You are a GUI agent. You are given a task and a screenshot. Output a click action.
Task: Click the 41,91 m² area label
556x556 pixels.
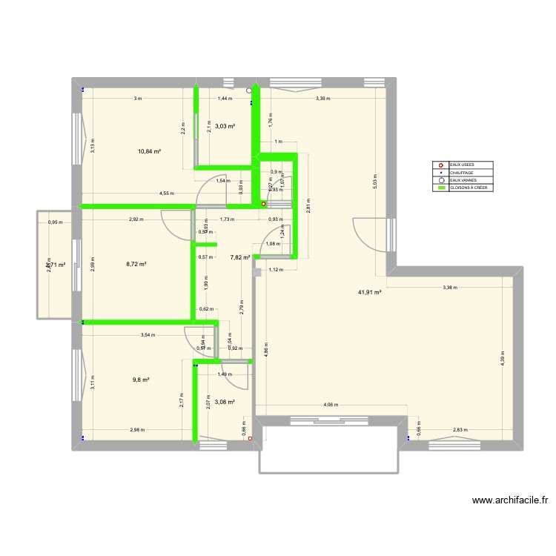(x=369, y=292)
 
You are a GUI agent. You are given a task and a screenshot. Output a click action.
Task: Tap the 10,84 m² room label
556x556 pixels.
(x=150, y=151)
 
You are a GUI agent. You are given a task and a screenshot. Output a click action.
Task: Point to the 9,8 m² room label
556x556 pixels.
(x=141, y=380)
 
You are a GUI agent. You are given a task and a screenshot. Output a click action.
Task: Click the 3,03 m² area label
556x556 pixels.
(x=225, y=126)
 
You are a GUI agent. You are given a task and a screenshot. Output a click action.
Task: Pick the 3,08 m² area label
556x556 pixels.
(x=225, y=402)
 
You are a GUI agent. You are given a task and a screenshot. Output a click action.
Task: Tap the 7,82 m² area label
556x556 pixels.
(x=239, y=258)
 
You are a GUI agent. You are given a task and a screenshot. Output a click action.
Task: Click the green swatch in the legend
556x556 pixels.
(x=442, y=188)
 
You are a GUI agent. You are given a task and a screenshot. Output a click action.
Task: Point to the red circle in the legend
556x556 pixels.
(x=442, y=165)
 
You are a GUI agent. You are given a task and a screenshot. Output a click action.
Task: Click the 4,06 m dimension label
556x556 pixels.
(x=331, y=405)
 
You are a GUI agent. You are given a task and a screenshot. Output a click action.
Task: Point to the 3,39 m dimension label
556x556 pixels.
(x=322, y=99)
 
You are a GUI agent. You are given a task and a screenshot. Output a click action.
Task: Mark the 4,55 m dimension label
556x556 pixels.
(x=167, y=193)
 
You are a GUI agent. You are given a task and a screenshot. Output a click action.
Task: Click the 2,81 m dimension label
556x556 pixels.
(x=308, y=208)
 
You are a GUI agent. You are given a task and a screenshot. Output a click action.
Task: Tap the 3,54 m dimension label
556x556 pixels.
(x=148, y=335)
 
